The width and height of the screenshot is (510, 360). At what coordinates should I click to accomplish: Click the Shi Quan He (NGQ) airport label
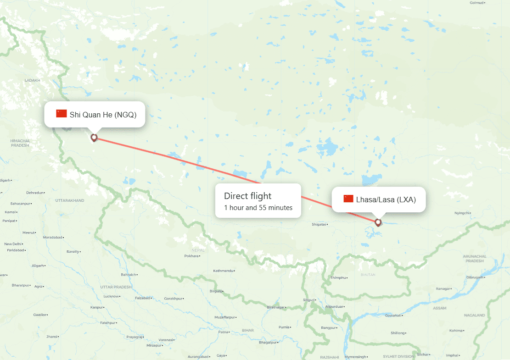point(103,114)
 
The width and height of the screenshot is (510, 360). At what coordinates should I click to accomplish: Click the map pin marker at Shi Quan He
point(94,137)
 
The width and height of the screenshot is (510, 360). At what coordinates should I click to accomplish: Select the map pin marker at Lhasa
point(378,222)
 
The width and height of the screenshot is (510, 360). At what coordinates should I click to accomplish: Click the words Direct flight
point(248,196)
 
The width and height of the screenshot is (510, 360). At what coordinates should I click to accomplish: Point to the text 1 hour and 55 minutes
point(258,208)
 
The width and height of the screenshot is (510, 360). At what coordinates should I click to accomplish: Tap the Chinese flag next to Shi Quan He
point(62,114)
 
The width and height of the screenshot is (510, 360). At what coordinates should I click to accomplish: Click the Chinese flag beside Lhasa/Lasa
point(348,199)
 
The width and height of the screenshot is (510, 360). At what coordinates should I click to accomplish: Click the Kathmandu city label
point(224,271)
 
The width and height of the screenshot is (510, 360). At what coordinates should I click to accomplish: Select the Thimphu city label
point(337,278)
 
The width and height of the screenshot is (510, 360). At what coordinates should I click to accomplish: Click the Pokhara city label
point(191,256)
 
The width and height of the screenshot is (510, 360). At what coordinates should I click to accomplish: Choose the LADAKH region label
point(32,80)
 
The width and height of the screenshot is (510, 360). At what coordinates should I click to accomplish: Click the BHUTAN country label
point(368,275)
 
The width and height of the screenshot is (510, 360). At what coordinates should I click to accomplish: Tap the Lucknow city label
point(112,296)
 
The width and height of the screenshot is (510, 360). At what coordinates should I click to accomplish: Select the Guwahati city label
point(394,316)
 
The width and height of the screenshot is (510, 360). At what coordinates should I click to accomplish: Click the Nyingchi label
point(462,213)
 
